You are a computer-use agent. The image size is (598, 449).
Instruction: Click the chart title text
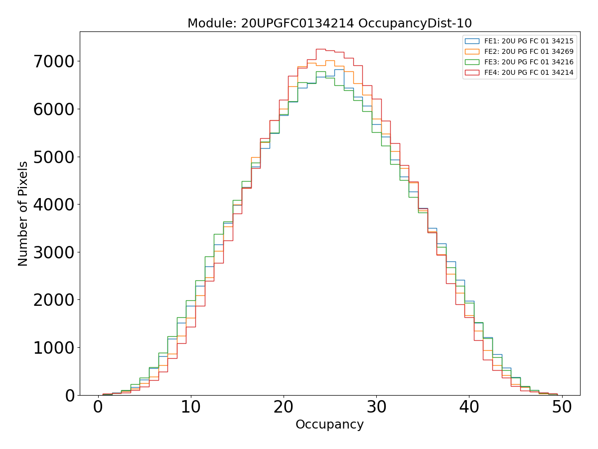tap(329, 23)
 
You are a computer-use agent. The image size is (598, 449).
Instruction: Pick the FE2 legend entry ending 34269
tap(529, 51)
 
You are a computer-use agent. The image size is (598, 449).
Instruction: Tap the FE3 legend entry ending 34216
tap(529, 62)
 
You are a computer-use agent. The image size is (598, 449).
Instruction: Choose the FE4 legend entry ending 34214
tap(529, 73)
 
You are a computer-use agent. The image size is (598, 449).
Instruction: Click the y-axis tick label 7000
tap(53, 62)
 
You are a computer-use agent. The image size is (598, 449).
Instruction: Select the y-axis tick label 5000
tap(53, 157)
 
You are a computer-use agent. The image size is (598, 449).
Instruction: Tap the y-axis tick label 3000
tap(53, 252)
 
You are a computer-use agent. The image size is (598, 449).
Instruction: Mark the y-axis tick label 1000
tap(53, 348)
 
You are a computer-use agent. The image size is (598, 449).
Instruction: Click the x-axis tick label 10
tap(191, 408)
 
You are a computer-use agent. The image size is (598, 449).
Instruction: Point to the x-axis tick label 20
tap(284, 408)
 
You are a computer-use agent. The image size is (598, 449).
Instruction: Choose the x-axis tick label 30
tap(376, 408)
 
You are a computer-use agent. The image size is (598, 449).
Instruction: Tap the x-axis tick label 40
tap(469, 408)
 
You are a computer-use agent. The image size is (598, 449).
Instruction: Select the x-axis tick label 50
tap(562, 408)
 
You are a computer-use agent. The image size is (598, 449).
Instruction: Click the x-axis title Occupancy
tap(329, 425)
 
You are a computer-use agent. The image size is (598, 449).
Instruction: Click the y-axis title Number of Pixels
tap(23, 214)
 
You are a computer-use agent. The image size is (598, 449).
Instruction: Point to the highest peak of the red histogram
tap(320, 49)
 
